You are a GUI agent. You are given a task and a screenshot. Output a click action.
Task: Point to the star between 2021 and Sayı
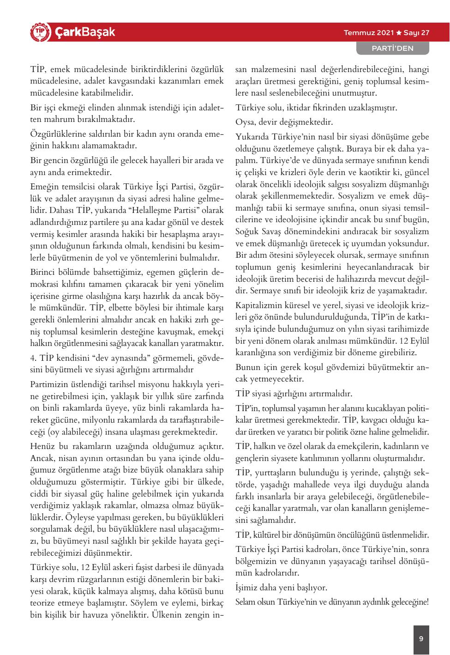coord(399,33)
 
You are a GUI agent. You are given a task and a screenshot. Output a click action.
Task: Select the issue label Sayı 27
coord(417,33)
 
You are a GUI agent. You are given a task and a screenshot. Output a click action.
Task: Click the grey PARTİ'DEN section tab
coord(392,48)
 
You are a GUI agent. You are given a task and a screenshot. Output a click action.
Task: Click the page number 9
coord(421,639)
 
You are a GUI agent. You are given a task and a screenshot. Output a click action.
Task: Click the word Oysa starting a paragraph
coord(245,122)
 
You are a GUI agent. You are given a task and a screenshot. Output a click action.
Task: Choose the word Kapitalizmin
coord(258,305)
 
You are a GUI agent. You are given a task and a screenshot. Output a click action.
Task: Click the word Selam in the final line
coord(245,602)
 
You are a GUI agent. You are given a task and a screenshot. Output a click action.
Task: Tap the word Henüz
coord(42,446)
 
